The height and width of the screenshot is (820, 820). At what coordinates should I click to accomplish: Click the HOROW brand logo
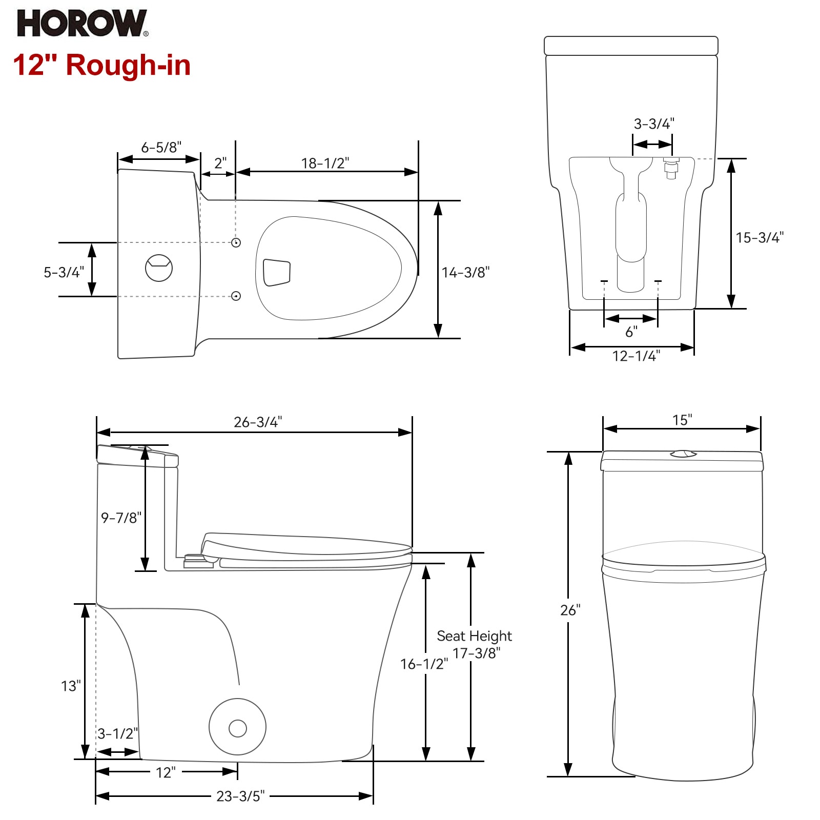83,24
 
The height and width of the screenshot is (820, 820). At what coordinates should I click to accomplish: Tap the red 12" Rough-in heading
101,65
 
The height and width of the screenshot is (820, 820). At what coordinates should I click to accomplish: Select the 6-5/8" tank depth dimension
161,148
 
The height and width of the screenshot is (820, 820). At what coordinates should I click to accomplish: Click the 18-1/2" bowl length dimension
325,163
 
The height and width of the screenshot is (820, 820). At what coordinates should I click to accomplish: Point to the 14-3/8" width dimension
466,272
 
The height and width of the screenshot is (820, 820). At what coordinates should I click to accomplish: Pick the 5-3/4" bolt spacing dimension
64,272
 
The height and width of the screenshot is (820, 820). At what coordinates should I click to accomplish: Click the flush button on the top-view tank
159,268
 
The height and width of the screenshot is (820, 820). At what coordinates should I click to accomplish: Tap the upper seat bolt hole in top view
236,242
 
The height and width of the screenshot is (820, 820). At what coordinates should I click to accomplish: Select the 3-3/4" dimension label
654,124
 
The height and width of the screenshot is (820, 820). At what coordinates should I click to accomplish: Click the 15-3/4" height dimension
760,237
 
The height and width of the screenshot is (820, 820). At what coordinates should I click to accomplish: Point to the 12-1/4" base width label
636,356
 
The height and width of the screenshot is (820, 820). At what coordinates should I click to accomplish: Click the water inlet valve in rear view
671,168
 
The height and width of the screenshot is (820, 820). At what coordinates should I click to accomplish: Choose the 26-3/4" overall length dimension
258,422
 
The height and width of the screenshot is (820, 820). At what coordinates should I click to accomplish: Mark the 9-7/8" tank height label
121,518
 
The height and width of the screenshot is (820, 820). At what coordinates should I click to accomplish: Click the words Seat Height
474,636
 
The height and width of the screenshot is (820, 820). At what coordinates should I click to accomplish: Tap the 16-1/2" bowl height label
424,664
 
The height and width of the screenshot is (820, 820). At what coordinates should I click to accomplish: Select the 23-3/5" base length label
240,796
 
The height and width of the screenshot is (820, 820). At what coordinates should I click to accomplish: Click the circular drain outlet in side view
238,727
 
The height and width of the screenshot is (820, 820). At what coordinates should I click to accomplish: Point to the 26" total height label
570,610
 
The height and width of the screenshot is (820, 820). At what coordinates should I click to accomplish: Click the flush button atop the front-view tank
683,454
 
